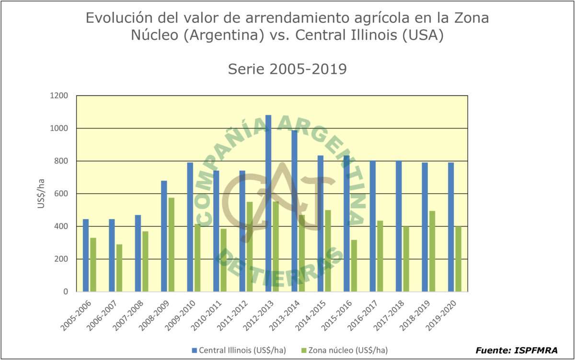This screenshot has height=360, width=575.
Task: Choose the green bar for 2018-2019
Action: pos(432,251)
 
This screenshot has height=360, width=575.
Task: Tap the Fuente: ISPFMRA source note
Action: pos(517,350)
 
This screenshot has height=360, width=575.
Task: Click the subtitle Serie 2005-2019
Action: pos(287,70)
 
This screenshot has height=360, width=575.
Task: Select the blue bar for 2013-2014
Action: pos(295,211)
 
